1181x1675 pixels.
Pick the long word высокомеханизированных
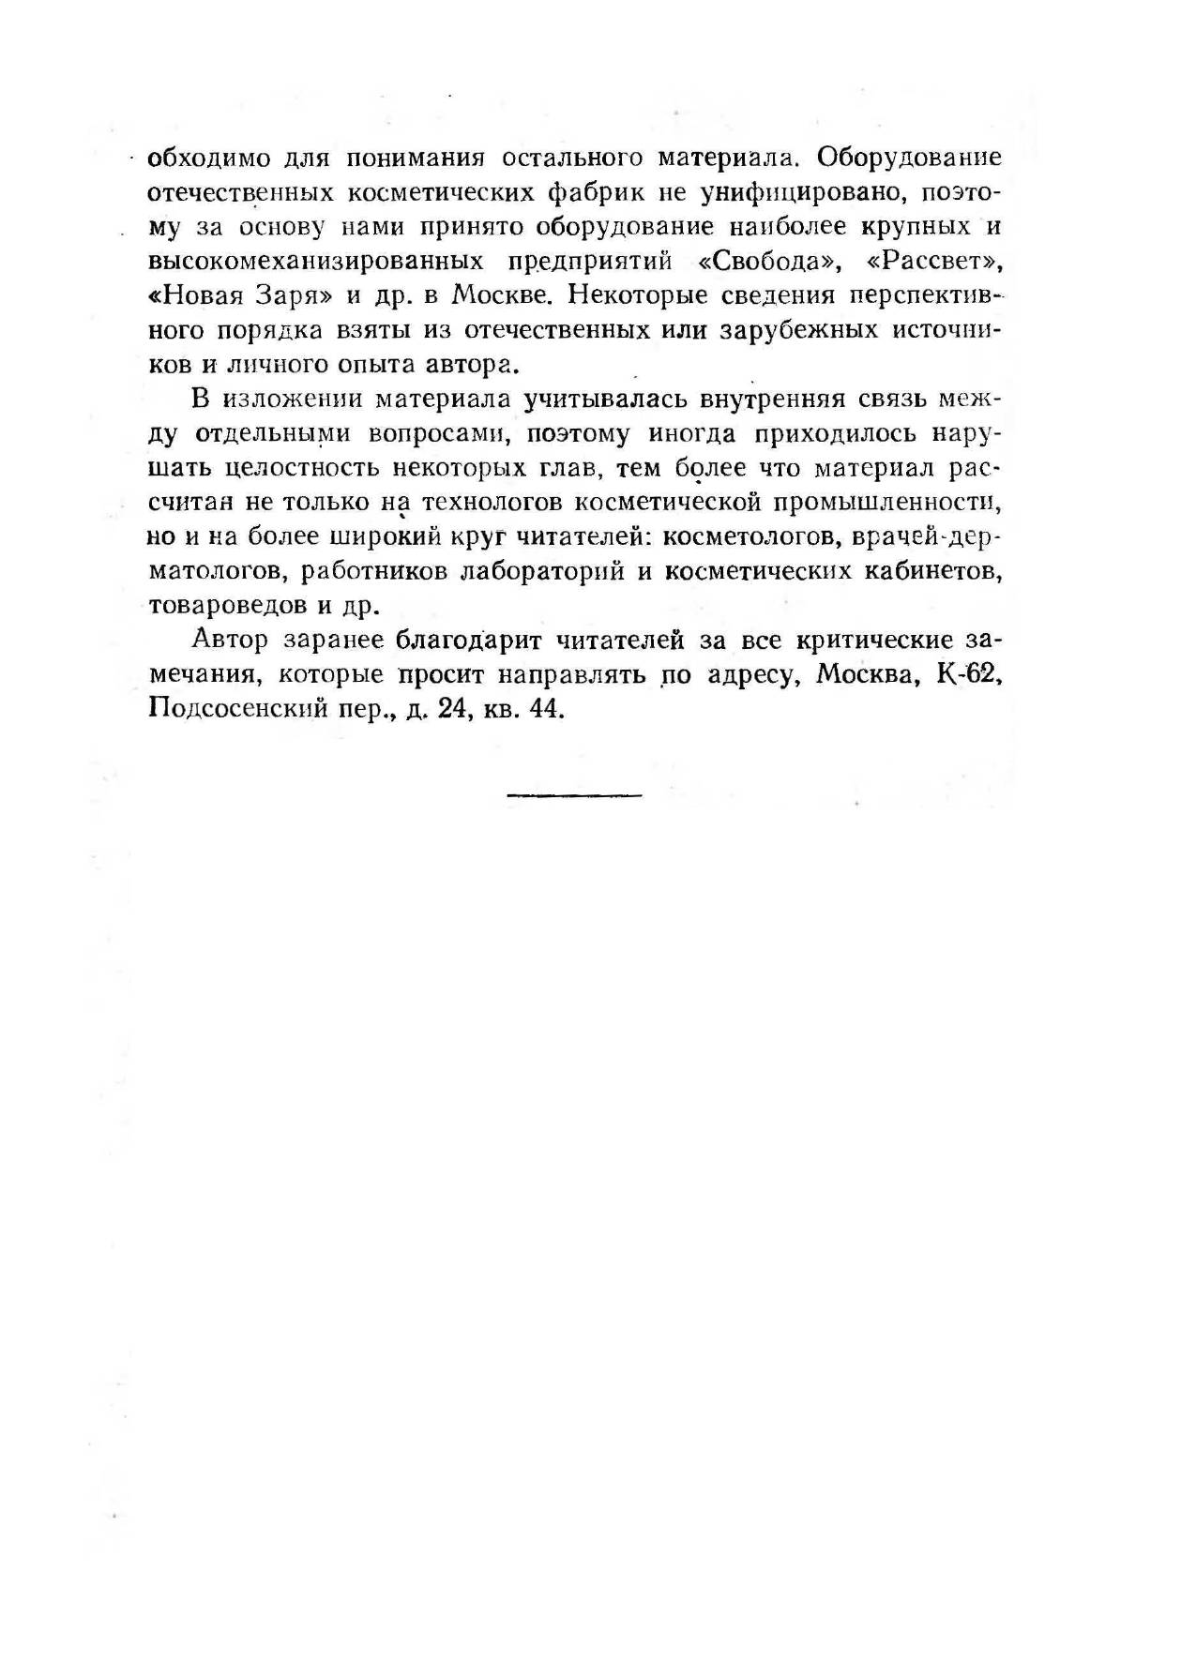tap(316, 261)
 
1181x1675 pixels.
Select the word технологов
tap(491, 502)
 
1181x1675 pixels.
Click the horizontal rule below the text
tap(574, 796)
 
